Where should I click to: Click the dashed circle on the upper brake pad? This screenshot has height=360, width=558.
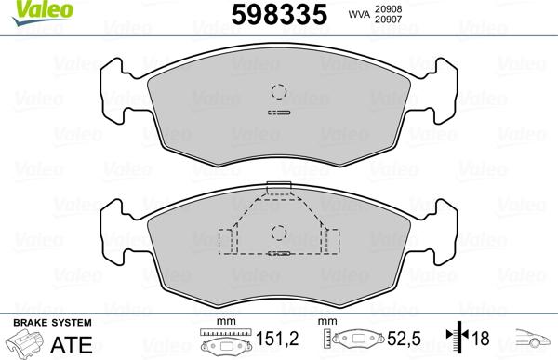coord(277,92)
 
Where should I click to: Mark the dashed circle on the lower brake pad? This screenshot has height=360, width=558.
coord(277,233)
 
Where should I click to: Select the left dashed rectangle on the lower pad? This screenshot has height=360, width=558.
coord(225,242)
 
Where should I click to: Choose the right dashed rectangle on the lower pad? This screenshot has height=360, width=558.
coord(330,242)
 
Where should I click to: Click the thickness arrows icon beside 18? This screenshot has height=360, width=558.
coord(456,340)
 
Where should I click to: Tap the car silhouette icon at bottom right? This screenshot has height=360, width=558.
coord(534,340)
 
